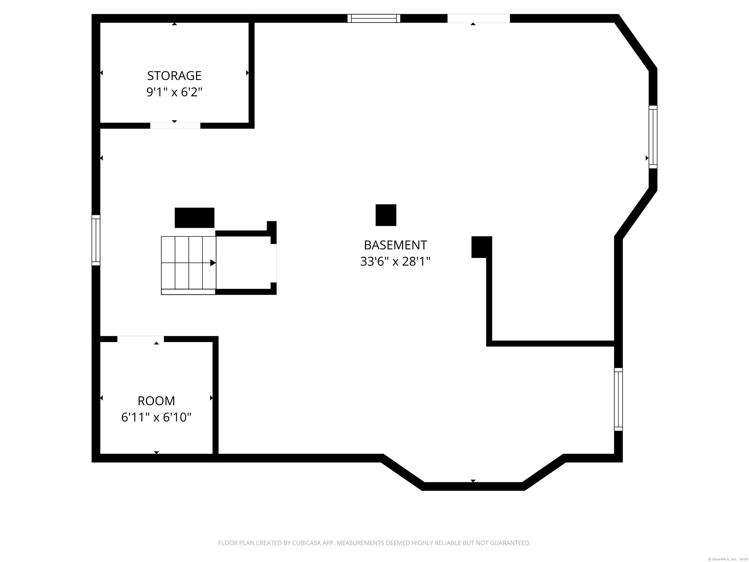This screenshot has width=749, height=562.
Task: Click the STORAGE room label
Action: coord(174,76)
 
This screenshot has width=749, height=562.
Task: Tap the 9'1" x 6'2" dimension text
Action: coord(174,92)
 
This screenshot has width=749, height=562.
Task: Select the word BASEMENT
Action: coord(395,245)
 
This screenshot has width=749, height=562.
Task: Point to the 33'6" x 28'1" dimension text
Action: coord(395,261)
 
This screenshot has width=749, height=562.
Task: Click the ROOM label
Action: coord(156,401)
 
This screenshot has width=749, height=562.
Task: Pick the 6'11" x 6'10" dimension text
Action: coord(156,417)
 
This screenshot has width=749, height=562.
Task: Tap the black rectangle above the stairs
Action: coord(194,218)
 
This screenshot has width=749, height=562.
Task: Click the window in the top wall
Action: coord(374,18)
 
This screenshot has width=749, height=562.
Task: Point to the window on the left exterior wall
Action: coord(96,240)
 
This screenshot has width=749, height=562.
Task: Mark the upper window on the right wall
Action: coord(653,137)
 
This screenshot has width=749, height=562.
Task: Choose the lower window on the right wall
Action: coord(618,399)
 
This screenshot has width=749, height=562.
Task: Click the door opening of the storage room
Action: coord(175,126)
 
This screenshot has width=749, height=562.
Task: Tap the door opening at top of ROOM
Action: coord(140,339)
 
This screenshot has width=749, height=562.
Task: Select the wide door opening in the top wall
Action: coord(478,18)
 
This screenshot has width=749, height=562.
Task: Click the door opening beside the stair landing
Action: coord(273,263)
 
